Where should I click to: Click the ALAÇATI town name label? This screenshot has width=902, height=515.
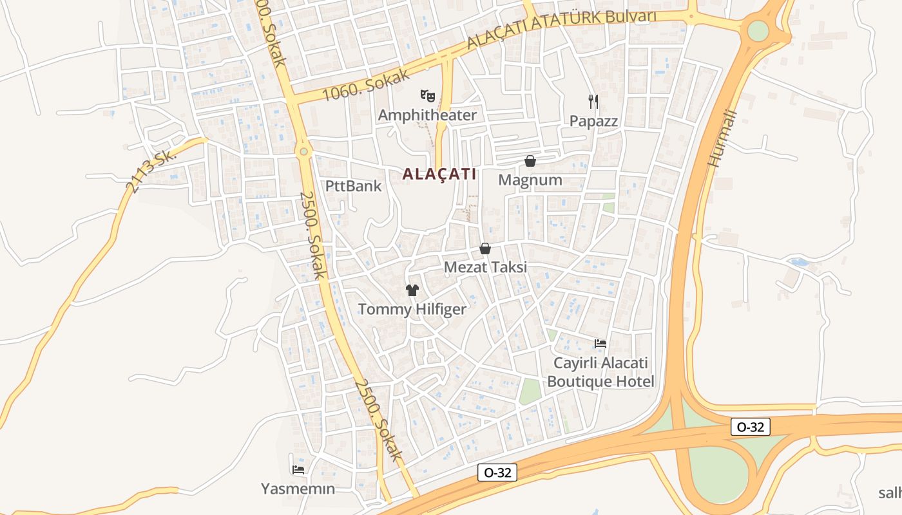point(439,174)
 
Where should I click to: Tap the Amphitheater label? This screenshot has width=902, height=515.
point(427,115)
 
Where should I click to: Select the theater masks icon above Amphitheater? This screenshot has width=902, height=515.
point(427,96)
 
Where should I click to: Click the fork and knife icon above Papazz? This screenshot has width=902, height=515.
point(593,101)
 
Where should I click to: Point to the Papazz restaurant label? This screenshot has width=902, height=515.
point(593,121)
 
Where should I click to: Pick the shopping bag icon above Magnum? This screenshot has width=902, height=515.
point(530,161)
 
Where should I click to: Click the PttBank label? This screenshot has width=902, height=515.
point(354,187)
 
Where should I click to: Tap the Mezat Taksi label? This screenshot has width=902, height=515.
point(486,267)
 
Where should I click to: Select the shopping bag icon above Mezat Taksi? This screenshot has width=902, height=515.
point(485,248)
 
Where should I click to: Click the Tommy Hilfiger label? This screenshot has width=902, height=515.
point(412,310)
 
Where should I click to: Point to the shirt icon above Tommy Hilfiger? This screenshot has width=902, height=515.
point(412,290)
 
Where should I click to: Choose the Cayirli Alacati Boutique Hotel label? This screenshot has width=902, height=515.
point(600,372)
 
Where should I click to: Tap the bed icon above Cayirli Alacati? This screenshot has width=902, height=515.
point(600,344)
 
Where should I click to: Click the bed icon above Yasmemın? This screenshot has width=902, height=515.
point(298,470)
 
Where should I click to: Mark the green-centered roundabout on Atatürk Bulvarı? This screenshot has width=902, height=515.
point(758,30)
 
